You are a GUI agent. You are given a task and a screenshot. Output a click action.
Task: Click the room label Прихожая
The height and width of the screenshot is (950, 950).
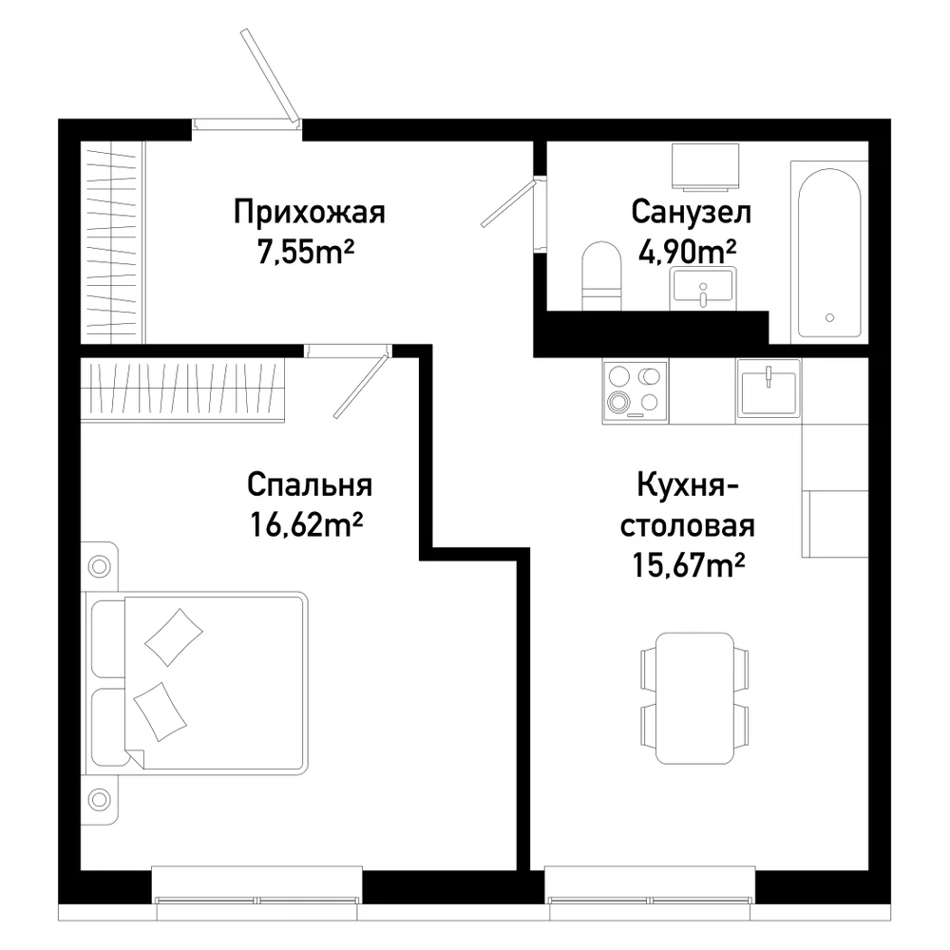click(310, 213)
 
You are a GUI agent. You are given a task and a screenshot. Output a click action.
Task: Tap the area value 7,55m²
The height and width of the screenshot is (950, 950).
click(306, 252)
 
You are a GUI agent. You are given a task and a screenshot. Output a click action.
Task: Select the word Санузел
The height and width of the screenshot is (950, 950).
click(691, 212)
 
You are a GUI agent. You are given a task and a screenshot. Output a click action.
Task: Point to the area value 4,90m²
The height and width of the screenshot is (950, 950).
click(688, 252)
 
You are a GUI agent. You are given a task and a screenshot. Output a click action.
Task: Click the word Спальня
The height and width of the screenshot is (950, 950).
click(310, 485)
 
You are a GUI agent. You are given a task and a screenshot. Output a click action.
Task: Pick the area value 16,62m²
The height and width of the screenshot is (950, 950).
click(306, 524)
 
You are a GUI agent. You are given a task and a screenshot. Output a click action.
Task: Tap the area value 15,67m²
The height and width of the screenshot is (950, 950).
click(688, 564)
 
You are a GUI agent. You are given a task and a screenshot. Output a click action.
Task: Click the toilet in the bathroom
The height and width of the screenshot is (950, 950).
click(601, 276)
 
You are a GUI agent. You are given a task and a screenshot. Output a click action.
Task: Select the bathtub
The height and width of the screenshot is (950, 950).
click(828, 253)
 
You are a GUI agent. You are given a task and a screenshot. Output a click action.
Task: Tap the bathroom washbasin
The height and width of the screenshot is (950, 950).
click(703, 290)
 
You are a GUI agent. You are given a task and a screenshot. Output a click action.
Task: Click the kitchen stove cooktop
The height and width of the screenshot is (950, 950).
click(635, 391)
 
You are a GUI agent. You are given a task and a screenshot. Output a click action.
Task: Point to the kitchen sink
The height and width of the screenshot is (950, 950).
click(769, 390)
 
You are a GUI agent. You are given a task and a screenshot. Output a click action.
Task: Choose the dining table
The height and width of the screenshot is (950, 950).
click(695, 698)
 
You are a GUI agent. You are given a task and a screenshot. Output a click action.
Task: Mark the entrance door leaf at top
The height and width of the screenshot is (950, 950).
click(270, 75)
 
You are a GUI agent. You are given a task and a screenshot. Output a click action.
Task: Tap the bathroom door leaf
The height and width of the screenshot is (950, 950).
click(508, 202)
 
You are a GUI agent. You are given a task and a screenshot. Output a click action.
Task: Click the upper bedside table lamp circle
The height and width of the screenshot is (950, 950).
click(100, 567)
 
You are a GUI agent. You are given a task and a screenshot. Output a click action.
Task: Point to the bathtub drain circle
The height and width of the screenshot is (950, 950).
click(829, 317)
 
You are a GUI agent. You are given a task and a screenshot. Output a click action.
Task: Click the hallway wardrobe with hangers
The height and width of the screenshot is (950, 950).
click(113, 242)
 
